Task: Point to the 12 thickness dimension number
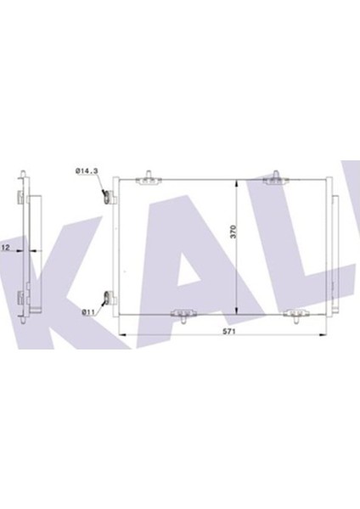coord(5,249)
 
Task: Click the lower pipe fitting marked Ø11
coord(108,298)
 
